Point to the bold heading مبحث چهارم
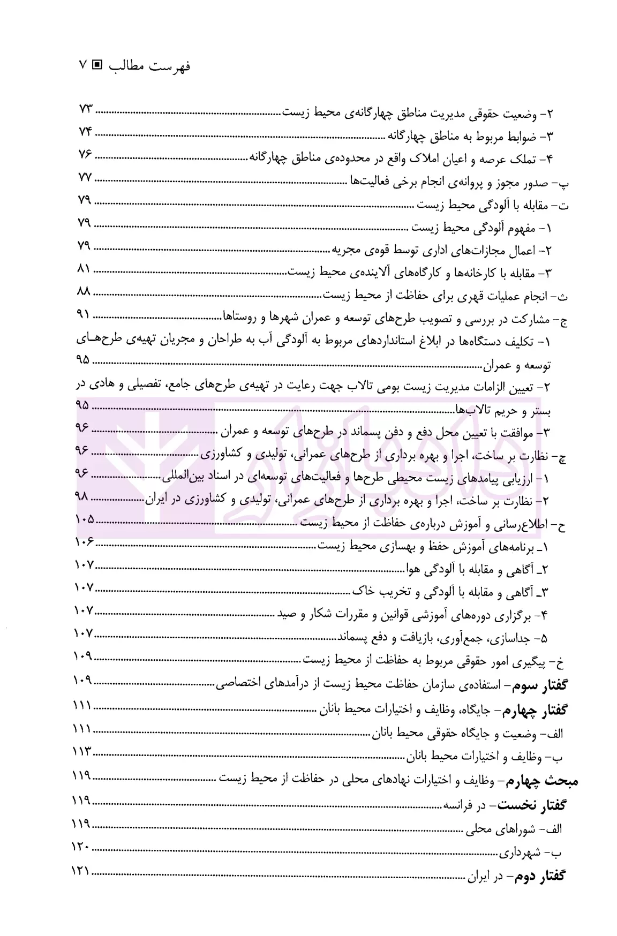pos(550,781)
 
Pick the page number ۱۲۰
pos(82,848)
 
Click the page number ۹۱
pos(85,315)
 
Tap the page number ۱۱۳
pos(82,751)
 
